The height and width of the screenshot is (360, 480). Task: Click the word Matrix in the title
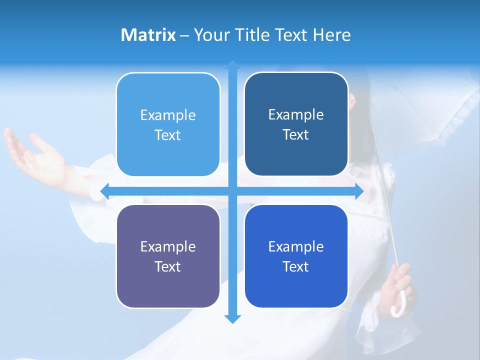coord(148,35)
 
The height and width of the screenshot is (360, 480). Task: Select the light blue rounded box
coord(168,124)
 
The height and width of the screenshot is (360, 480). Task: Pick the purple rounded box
coord(168,256)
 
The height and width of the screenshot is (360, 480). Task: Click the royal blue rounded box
coord(296,256)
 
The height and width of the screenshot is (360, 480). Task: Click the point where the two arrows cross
coord(232,191)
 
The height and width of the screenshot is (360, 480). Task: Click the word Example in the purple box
coord(168,246)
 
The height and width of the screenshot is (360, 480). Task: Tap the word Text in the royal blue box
coord(296,266)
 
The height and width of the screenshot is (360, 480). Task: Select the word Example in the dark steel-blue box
coord(296,114)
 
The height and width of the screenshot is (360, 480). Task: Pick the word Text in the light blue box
coord(168,135)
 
